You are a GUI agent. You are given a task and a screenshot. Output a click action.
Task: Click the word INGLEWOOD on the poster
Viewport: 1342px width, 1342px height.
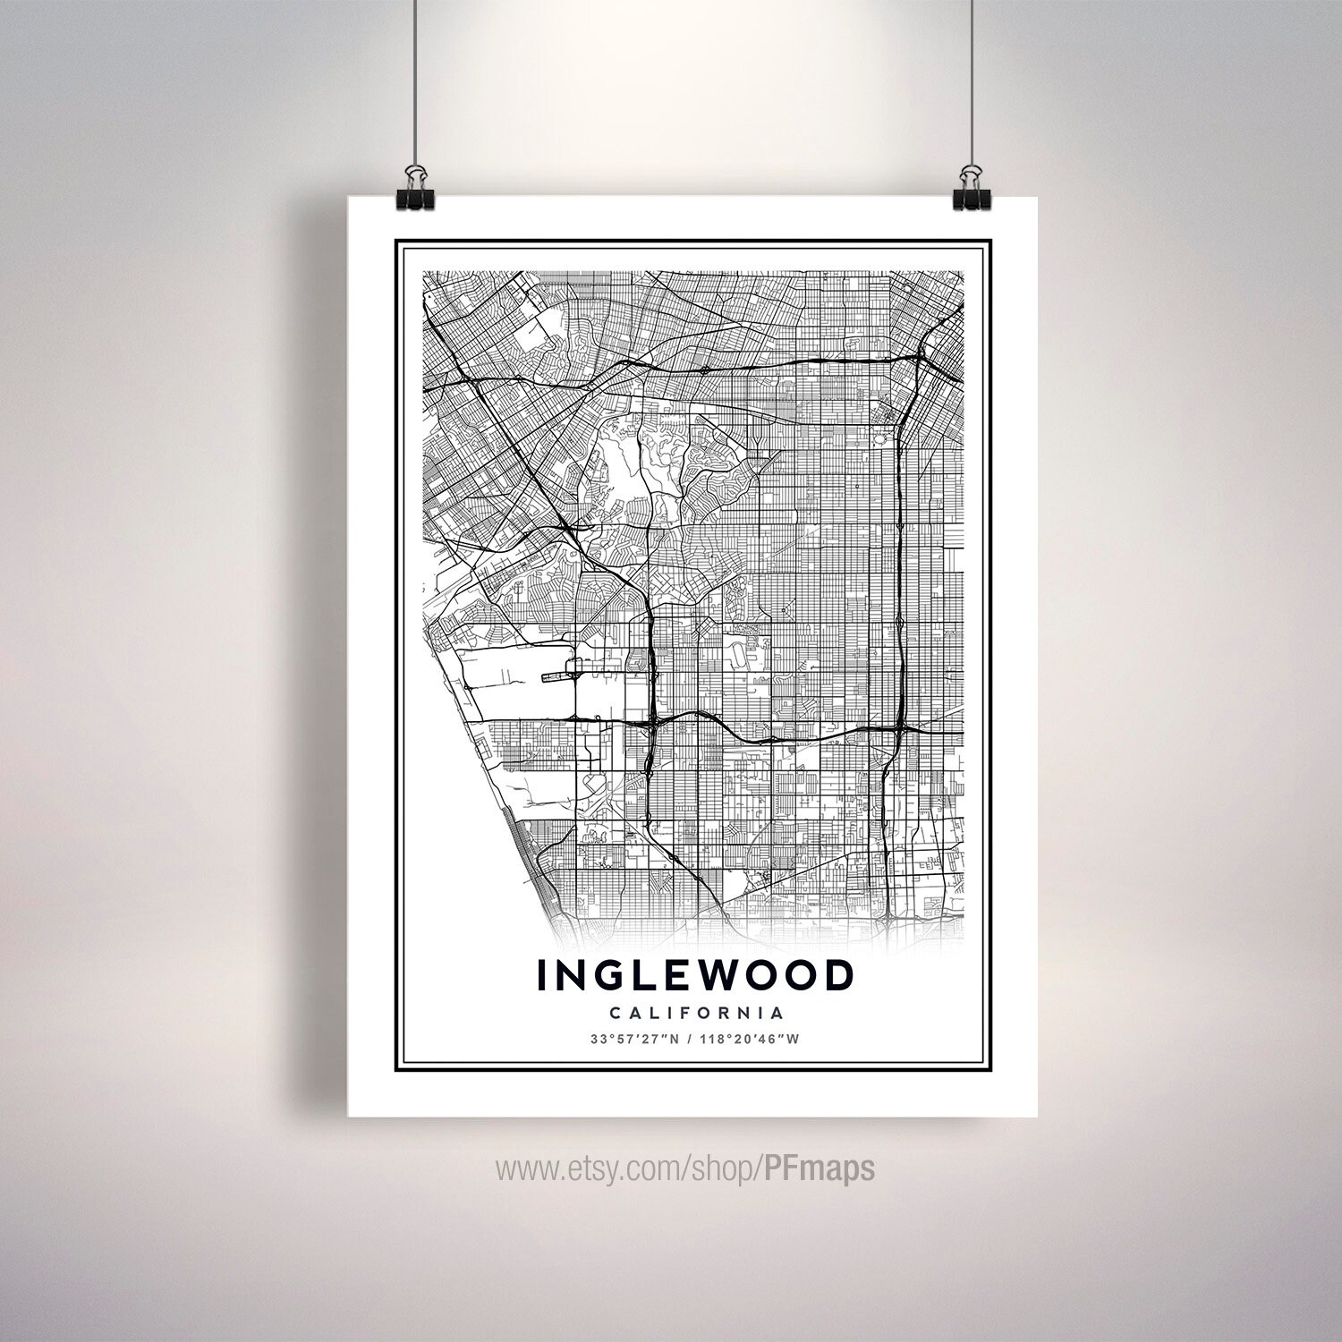click(694, 976)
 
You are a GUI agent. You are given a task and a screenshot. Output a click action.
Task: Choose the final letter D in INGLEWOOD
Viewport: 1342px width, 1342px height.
click(837, 976)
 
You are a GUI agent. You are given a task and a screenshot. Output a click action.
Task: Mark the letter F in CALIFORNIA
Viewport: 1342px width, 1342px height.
click(681, 1014)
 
